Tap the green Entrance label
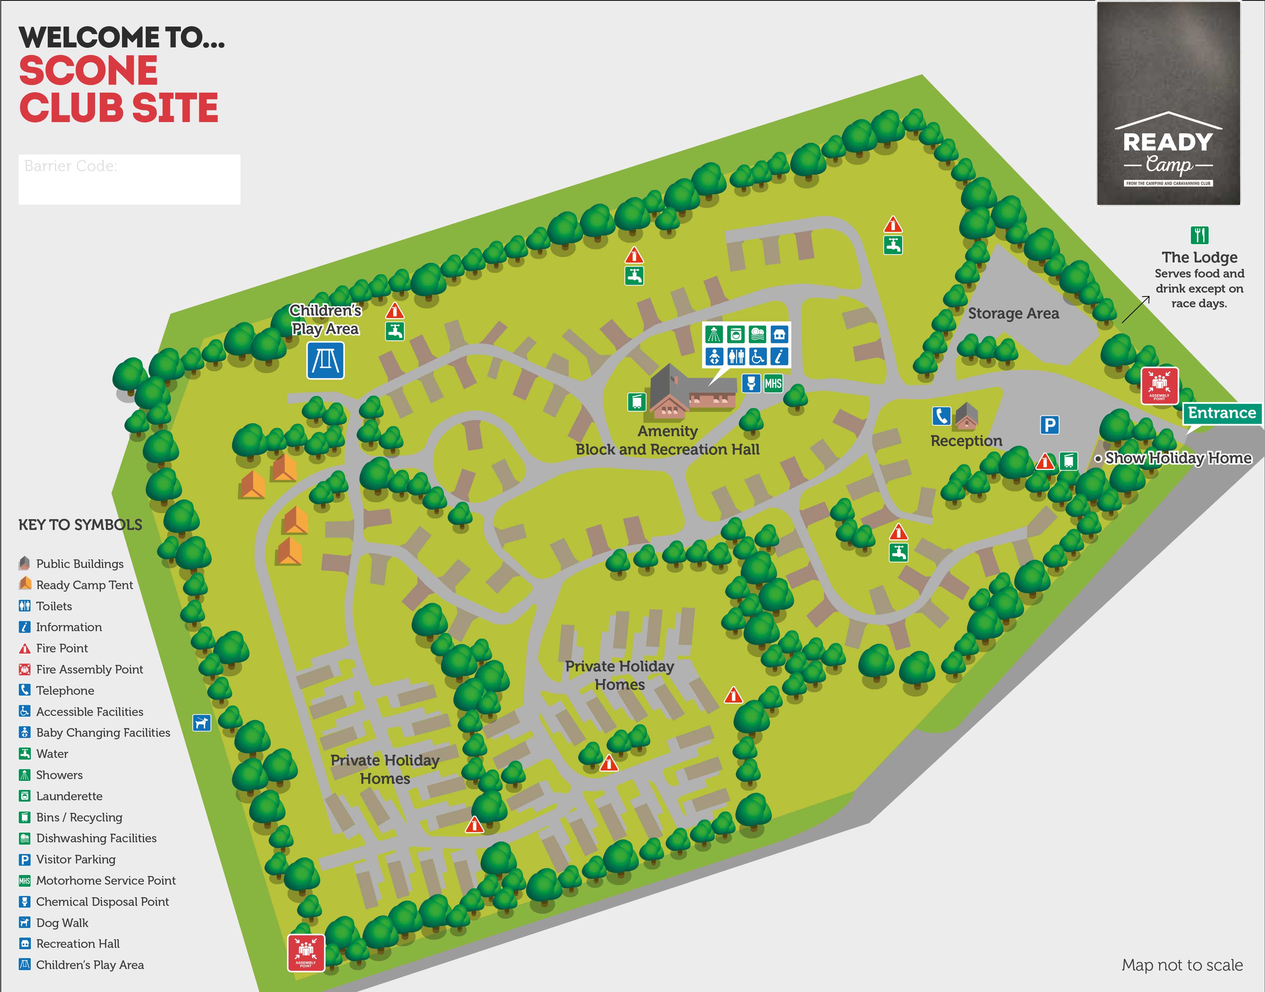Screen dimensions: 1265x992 pos(1222,413)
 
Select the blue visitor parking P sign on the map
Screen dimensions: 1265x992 pos(1049,425)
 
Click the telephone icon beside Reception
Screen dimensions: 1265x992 pos(941,416)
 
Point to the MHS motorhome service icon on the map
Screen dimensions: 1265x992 pos(773,383)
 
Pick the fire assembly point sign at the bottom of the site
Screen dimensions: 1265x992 pos(306,953)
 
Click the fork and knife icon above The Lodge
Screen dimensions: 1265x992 pos(1199,235)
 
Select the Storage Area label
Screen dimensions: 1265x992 pos(1013,314)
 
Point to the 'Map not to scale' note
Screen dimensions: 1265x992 pos(1182,965)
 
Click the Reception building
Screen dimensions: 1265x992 pos(966,416)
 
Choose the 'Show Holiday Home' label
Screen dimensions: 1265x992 pos(1178,458)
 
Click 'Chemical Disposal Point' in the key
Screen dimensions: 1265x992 pos(102,902)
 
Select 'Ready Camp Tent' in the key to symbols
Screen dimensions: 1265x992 pos(84,585)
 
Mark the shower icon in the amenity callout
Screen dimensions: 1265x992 pos(713,335)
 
